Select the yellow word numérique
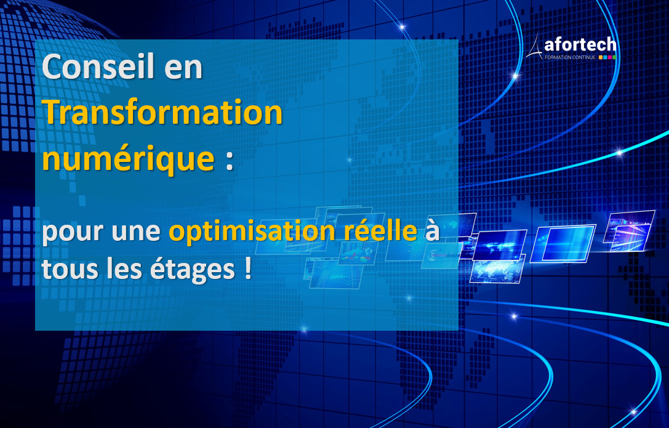click(128, 159)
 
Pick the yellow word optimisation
click(252, 232)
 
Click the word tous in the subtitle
click(70, 270)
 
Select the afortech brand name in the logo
click(580, 44)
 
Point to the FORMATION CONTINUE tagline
click(570, 57)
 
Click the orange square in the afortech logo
click(601, 57)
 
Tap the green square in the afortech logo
click(614, 57)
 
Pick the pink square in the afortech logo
click(610, 57)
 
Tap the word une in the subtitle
click(136, 232)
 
